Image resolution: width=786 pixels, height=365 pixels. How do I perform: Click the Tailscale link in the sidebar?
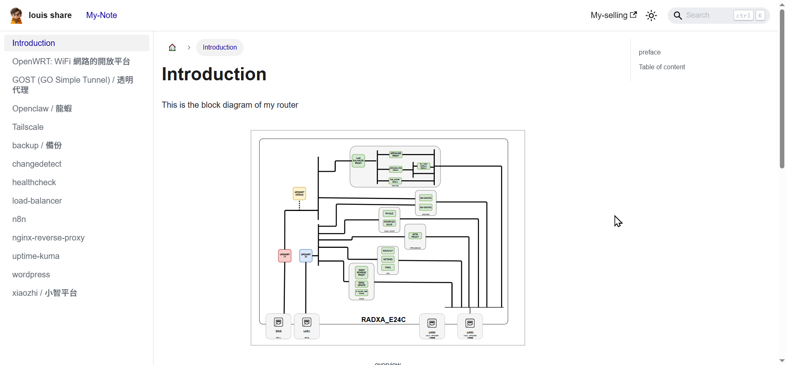coord(28,127)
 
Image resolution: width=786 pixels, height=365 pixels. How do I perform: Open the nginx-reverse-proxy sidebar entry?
coord(48,238)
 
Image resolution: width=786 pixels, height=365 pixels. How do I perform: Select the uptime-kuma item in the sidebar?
coord(36,256)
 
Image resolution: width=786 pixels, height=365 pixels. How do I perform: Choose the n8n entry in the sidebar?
coord(19,219)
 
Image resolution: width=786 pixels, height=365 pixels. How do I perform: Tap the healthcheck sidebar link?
coord(34,182)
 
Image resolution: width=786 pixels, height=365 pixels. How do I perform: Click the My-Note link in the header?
coord(102,15)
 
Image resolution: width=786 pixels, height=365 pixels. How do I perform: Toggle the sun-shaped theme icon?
coord(651,16)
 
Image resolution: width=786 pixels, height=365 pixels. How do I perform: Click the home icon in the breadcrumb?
coord(172,48)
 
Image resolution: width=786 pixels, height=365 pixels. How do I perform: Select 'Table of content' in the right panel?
coord(662,67)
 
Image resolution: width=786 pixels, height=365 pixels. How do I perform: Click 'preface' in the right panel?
coord(649,52)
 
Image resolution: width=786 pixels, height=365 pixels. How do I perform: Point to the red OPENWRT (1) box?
coord(285,256)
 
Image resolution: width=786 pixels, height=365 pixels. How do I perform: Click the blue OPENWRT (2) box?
coord(306,256)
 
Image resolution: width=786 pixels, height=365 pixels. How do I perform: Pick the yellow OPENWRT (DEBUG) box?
coord(299,193)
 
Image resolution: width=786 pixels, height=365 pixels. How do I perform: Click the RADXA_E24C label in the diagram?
coord(383,320)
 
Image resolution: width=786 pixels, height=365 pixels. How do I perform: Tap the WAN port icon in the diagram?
coord(278,323)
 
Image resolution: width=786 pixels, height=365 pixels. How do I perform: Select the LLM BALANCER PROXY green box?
coord(358,161)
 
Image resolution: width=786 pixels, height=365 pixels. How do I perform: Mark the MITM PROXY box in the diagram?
coord(415,236)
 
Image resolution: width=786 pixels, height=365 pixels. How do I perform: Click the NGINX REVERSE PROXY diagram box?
coord(361,272)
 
